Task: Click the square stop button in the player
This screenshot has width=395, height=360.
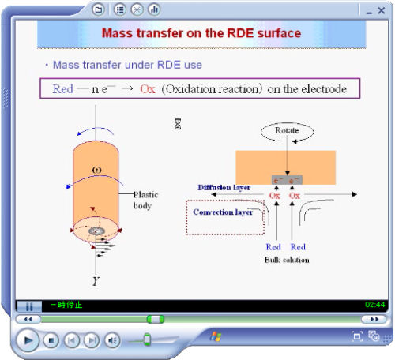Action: (51, 340)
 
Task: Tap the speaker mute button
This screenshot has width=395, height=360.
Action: (112, 340)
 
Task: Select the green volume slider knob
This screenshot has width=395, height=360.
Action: (147, 339)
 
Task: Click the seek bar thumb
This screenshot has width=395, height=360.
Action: (156, 319)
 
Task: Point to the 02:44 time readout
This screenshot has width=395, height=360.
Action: (374, 304)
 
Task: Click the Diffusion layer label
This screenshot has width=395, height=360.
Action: (224, 188)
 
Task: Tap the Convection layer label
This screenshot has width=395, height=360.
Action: (223, 212)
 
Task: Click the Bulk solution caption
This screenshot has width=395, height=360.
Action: (286, 260)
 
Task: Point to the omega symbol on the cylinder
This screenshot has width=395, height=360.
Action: (96, 170)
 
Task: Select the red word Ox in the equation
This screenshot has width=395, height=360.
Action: (148, 88)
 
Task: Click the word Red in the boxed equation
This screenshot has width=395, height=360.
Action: (62, 88)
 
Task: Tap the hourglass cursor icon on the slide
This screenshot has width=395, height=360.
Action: (178, 124)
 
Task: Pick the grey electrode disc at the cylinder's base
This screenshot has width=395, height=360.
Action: (99, 231)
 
